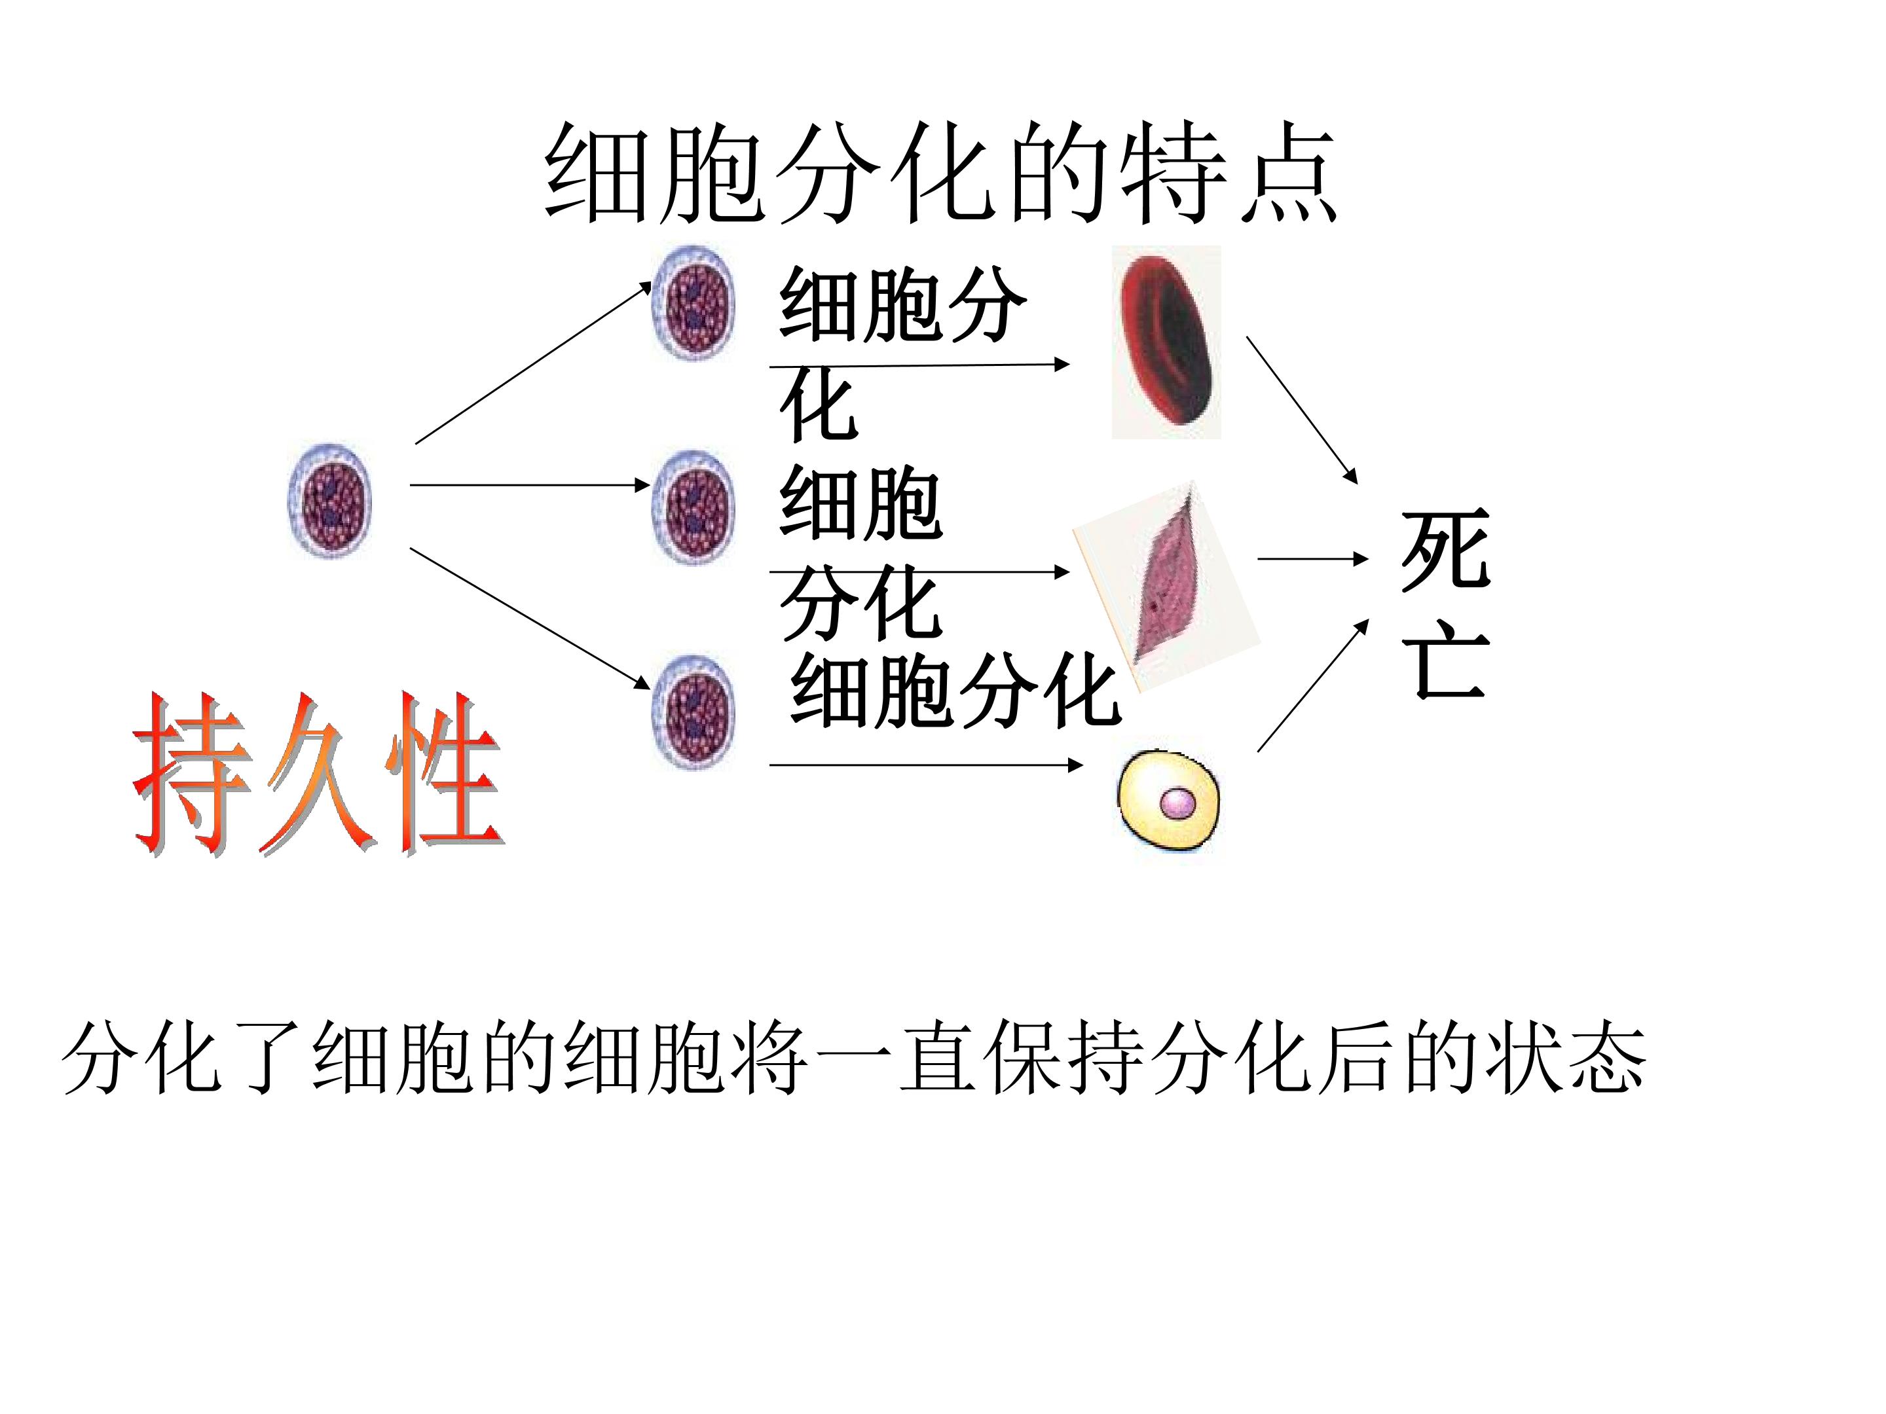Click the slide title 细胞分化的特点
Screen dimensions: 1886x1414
pos(940,173)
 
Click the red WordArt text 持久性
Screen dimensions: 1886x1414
pos(318,774)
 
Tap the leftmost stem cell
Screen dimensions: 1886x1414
pos(330,500)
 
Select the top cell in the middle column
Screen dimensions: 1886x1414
pos(694,302)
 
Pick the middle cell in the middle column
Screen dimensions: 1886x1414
pos(694,508)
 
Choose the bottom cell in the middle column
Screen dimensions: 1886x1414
pos(694,712)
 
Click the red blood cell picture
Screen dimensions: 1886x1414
pos(1166,342)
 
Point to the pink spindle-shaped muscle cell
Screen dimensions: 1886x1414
pos(1166,587)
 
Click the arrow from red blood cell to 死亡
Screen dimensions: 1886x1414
pos(1302,410)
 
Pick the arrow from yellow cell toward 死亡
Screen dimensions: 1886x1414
pos(1313,685)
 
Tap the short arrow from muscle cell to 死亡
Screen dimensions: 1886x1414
pos(1313,559)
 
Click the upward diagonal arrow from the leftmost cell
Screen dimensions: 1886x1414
pos(534,363)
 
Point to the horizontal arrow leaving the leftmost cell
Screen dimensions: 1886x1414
pos(530,485)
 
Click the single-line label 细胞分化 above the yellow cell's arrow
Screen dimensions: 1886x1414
pos(955,691)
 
